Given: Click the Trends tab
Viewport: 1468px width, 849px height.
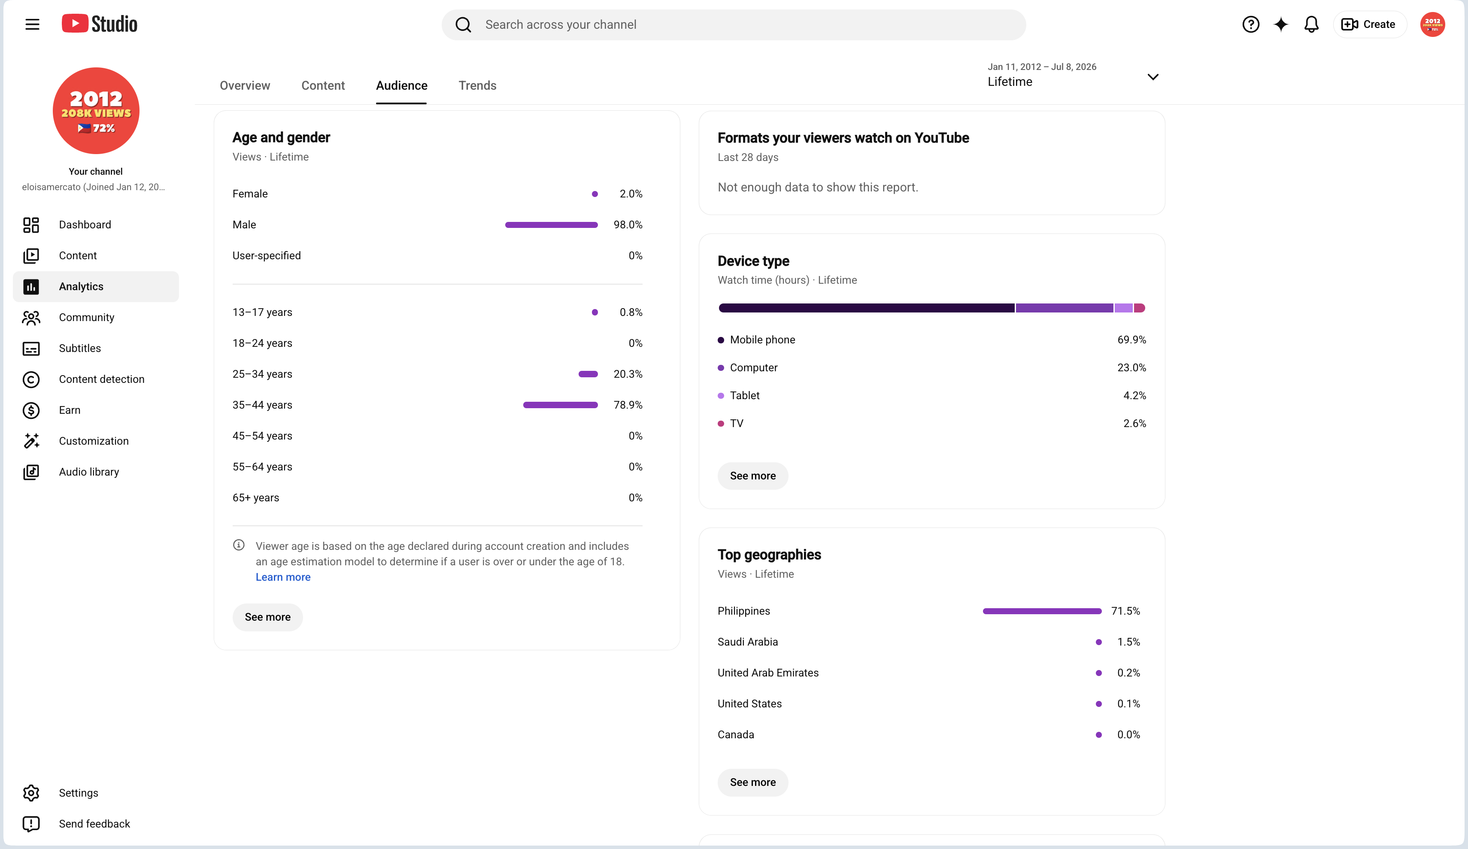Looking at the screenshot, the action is coord(477,86).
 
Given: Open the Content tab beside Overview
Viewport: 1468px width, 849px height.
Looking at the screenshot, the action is coord(323,86).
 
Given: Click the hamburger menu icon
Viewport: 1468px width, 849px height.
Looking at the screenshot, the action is coord(32,24).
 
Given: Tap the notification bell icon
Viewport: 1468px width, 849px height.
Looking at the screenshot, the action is coord(1311,24).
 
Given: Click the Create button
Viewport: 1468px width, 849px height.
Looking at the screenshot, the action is coord(1369,24).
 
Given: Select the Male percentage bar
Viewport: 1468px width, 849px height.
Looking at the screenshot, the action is coord(551,225).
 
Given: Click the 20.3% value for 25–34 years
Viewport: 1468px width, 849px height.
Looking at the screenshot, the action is coord(628,374).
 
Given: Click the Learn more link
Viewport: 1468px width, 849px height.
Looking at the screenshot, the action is coord(283,577).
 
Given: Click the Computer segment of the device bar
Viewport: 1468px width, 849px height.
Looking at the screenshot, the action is coord(1065,308).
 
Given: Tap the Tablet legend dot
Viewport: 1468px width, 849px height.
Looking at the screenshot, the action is coord(721,396).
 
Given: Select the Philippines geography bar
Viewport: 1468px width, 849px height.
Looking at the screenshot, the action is coord(1042,611).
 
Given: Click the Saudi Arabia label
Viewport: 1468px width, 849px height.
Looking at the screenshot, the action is coord(747,642).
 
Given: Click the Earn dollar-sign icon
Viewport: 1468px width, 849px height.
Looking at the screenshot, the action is coord(31,410).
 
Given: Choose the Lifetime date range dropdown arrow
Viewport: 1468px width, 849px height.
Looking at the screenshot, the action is coord(1153,77).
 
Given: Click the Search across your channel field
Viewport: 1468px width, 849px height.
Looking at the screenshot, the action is coord(734,24).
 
